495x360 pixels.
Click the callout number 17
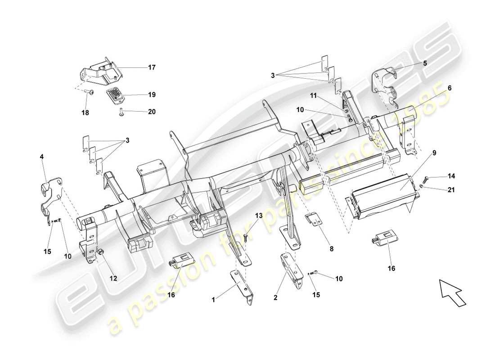(x=152, y=67)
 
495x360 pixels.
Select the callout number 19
(x=152, y=95)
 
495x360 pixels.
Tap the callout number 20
(x=152, y=112)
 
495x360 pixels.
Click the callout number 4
(x=41, y=157)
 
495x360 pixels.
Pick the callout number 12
(x=113, y=279)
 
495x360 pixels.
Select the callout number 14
(x=451, y=176)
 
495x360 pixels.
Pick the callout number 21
(x=451, y=190)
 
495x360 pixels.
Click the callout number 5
(x=424, y=63)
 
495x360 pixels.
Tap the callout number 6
(x=449, y=88)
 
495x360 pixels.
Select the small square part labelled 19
(x=117, y=95)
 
